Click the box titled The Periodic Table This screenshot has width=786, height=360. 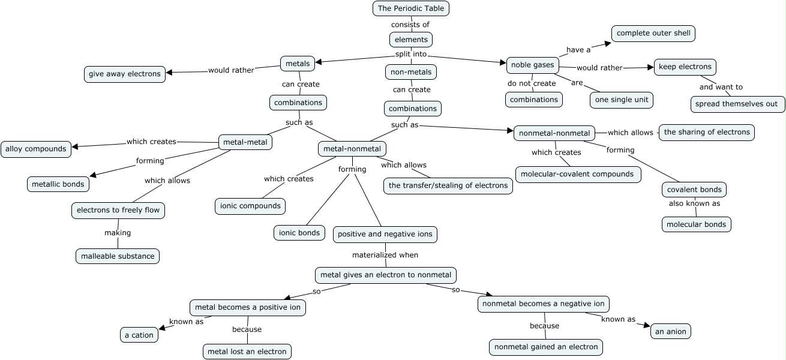pyautogui.click(x=411, y=8)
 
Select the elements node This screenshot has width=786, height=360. pyautogui.click(x=411, y=40)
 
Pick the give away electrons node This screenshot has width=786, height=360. pyautogui.click(x=125, y=74)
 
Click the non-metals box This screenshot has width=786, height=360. pyautogui.click(x=411, y=72)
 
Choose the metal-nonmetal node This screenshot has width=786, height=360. pyautogui.click(x=352, y=149)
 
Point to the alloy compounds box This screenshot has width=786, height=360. pyautogui.click(x=36, y=149)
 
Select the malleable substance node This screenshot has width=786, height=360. pyautogui.click(x=118, y=256)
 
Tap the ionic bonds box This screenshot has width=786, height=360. pyautogui.click(x=299, y=233)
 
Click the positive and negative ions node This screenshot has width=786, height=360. pyautogui.click(x=385, y=234)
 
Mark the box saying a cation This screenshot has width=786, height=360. pyautogui.click(x=139, y=335)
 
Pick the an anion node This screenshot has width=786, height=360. pyautogui.click(x=670, y=331)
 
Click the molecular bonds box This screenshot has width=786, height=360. pyautogui.click(x=697, y=224)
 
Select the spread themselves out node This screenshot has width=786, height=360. pyautogui.click(x=737, y=104)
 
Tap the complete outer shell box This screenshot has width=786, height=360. pyautogui.click(x=653, y=34)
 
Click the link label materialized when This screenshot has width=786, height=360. pyautogui.click(x=385, y=255)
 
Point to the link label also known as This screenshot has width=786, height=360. pyautogui.click(x=694, y=203)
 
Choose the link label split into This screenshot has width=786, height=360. pyautogui.click(x=411, y=54)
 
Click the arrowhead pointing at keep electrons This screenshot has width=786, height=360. pyautogui.click(x=650, y=67)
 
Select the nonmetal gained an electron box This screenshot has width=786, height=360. pyautogui.click(x=546, y=347)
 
